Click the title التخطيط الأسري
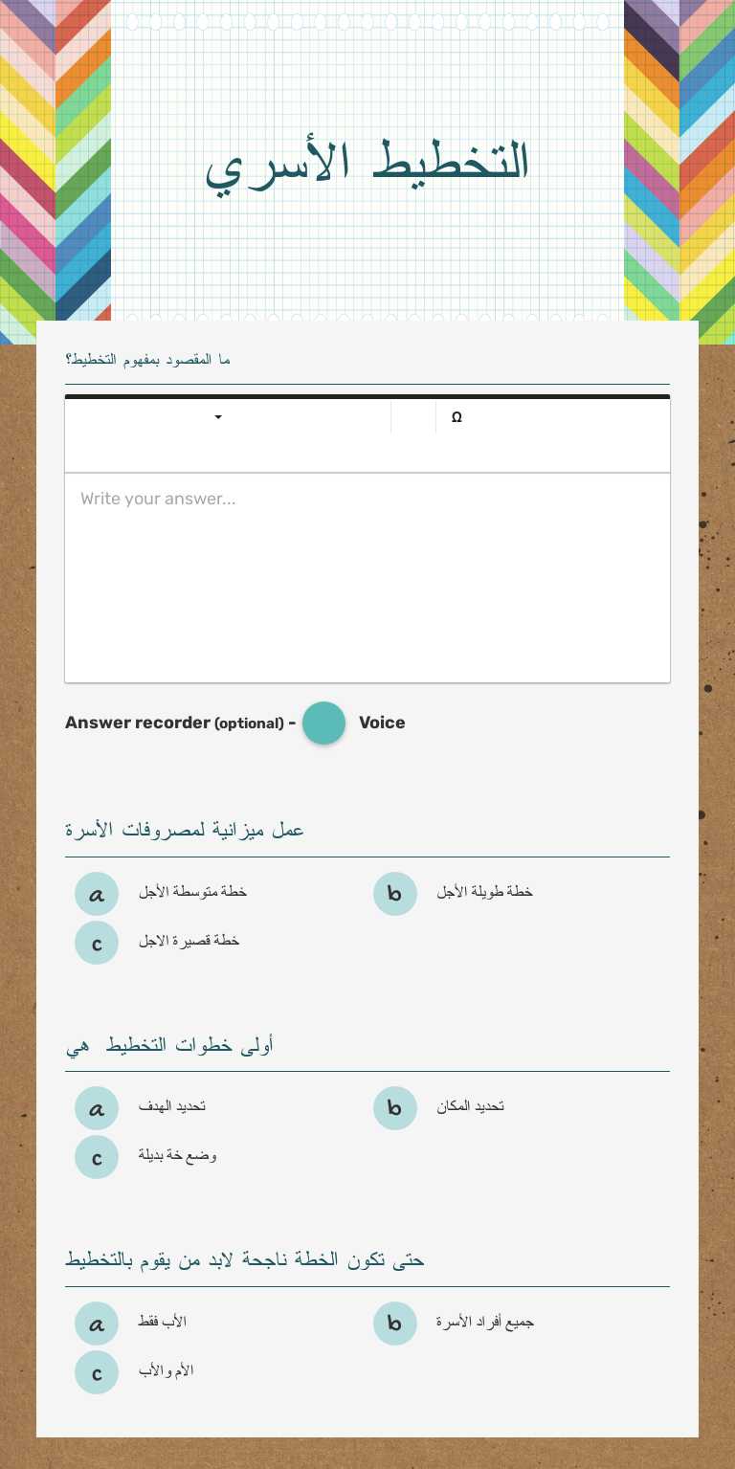(367, 163)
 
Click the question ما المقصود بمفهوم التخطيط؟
(147, 360)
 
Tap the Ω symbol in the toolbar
(457, 417)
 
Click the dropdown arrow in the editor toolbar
(218, 417)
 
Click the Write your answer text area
(367, 577)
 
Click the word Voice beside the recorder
(382, 723)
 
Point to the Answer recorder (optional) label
(174, 723)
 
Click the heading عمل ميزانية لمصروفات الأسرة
(185, 830)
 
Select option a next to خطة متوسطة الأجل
(97, 894)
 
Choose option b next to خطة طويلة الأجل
(395, 894)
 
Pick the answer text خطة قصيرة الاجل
(189, 941)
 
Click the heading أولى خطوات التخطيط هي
(169, 1045)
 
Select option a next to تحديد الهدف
(97, 1108)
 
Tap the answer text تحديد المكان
(470, 1106)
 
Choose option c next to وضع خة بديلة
(97, 1157)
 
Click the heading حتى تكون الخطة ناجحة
(244, 1259)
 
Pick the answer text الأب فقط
(162, 1322)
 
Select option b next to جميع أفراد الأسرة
(395, 1324)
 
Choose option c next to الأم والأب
(97, 1372)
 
